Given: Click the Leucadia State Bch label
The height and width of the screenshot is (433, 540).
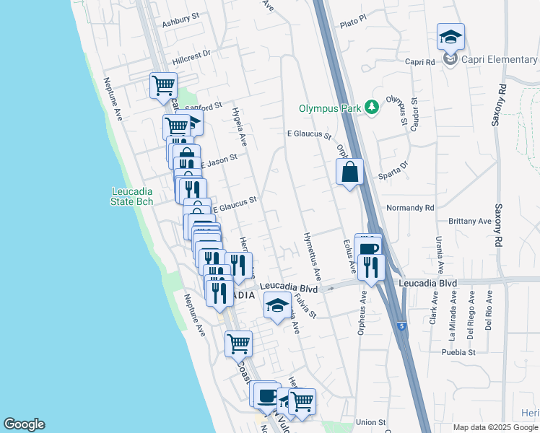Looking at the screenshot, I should point(132,196).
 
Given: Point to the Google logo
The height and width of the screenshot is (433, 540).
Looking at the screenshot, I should point(24,424).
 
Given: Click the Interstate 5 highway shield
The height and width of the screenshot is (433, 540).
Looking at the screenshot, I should point(401,327).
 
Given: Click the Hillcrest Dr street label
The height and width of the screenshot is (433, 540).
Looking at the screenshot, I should point(191,53).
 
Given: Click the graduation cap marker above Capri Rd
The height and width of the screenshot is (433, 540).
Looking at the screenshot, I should point(450,37).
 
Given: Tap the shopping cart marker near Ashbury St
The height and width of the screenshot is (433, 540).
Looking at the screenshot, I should point(163,86).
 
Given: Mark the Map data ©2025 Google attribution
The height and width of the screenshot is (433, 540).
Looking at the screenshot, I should point(496,427).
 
